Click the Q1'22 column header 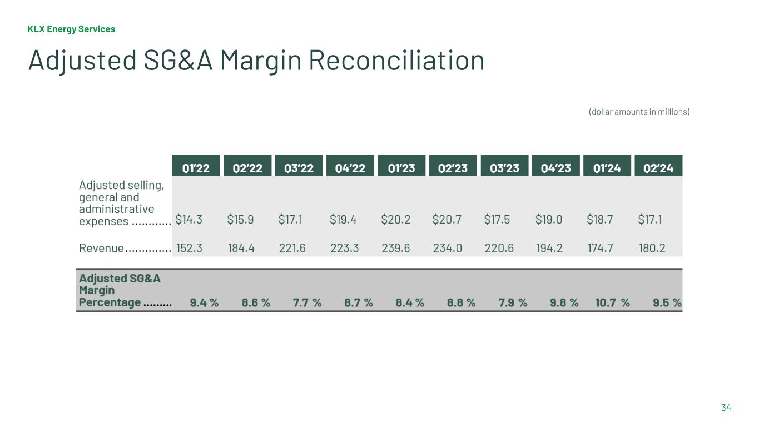click(196, 167)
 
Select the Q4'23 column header click(555, 167)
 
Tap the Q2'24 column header click(658, 167)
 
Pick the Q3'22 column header click(299, 167)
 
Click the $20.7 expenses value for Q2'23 click(447, 220)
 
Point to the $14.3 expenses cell click(189, 220)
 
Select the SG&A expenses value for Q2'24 click(650, 220)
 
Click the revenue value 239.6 click(396, 248)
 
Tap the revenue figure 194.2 click(549, 248)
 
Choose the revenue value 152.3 click(189, 248)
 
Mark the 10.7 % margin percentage click(612, 302)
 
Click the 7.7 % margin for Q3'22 click(307, 302)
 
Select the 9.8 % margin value click(564, 302)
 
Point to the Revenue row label click(102, 248)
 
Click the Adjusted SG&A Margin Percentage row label click(119, 290)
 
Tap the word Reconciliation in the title click(396, 60)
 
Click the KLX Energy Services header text click(71, 29)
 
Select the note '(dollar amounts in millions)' click(639, 112)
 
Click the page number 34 click(726, 408)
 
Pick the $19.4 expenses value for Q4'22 click(343, 220)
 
